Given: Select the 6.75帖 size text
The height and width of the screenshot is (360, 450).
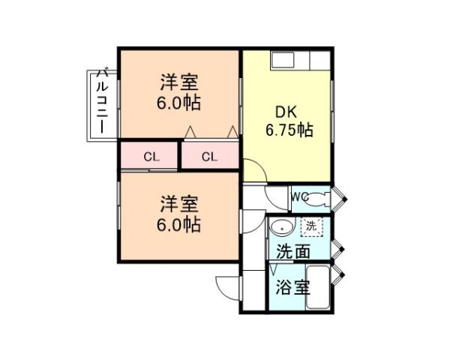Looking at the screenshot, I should tap(289, 130).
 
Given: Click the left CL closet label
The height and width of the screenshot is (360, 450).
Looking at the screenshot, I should tap(150, 157).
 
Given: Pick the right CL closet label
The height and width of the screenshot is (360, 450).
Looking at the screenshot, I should tap(209, 157).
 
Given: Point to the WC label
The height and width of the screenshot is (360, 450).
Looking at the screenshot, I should tap(299, 197).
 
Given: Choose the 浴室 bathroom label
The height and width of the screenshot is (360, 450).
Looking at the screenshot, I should tap(288, 288).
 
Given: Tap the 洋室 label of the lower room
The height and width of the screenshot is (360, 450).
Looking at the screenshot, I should tap(178, 204).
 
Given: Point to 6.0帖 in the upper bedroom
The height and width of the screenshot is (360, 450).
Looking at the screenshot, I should tap(178, 103).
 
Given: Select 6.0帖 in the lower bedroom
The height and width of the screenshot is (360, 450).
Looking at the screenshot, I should tap(178, 223).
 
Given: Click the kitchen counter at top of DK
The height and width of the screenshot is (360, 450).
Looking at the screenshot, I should tap(299, 61).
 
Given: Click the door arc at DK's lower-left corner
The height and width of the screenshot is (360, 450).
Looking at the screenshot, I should tap(253, 172).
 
